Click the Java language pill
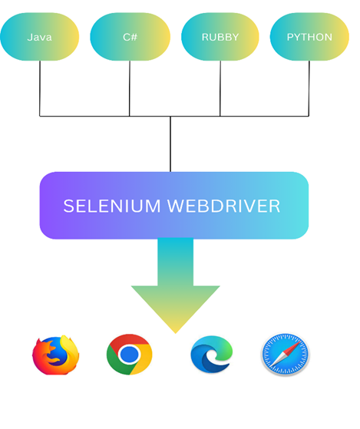tap(40, 37)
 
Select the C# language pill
tap(130, 37)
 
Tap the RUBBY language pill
tap(220, 37)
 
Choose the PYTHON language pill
tap(309, 37)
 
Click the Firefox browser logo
tap(56, 355)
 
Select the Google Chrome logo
tap(129, 355)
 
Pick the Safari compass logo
tap(285, 355)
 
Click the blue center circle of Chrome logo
tap(129, 355)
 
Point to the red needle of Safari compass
tap(291, 349)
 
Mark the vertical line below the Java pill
tap(40, 88)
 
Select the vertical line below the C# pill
tap(130, 88)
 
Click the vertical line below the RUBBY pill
tap(220, 88)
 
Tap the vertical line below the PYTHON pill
tap(309, 88)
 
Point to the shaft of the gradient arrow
tap(175, 261)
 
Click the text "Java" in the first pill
tap(39, 37)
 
